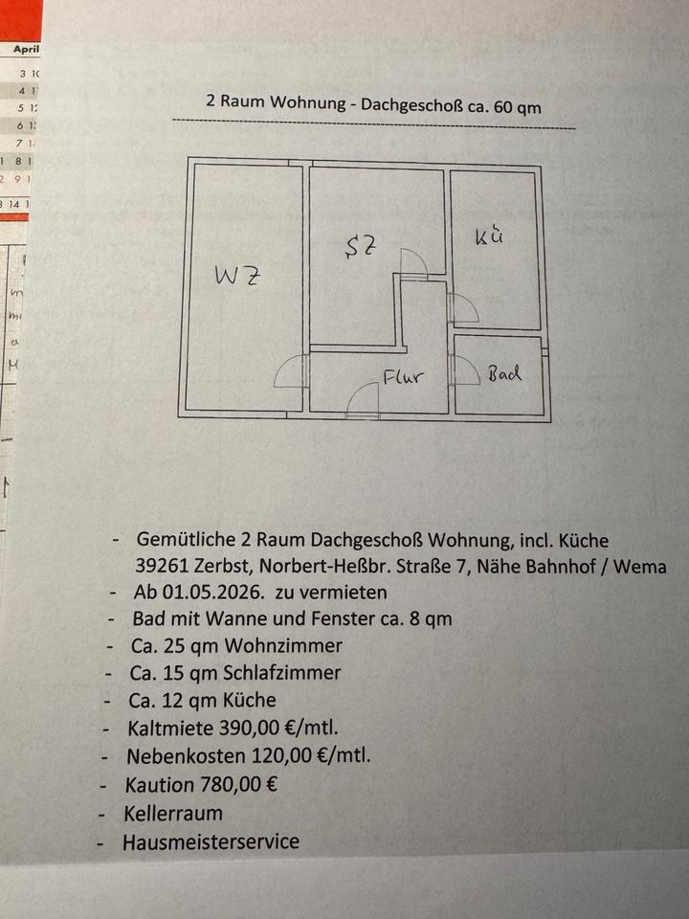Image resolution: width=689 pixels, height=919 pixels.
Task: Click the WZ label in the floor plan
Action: tap(238, 277)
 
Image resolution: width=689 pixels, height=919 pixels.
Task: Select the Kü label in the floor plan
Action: tap(489, 236)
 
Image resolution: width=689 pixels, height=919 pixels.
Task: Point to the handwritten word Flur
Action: tap(403, 377)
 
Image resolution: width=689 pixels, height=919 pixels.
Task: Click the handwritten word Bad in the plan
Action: tap(504, 373)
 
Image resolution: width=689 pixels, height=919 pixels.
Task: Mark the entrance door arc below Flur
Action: tap(363, 400)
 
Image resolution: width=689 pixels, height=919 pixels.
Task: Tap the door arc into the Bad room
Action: tap(465, 370)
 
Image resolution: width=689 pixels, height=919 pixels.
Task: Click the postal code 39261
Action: tap(164, 566)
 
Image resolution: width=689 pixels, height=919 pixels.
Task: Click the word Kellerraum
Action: tap(172, 814)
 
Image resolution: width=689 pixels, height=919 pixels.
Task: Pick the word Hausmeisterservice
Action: tap(211, 842)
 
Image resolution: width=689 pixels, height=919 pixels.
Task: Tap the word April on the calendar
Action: tap(27, 48)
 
